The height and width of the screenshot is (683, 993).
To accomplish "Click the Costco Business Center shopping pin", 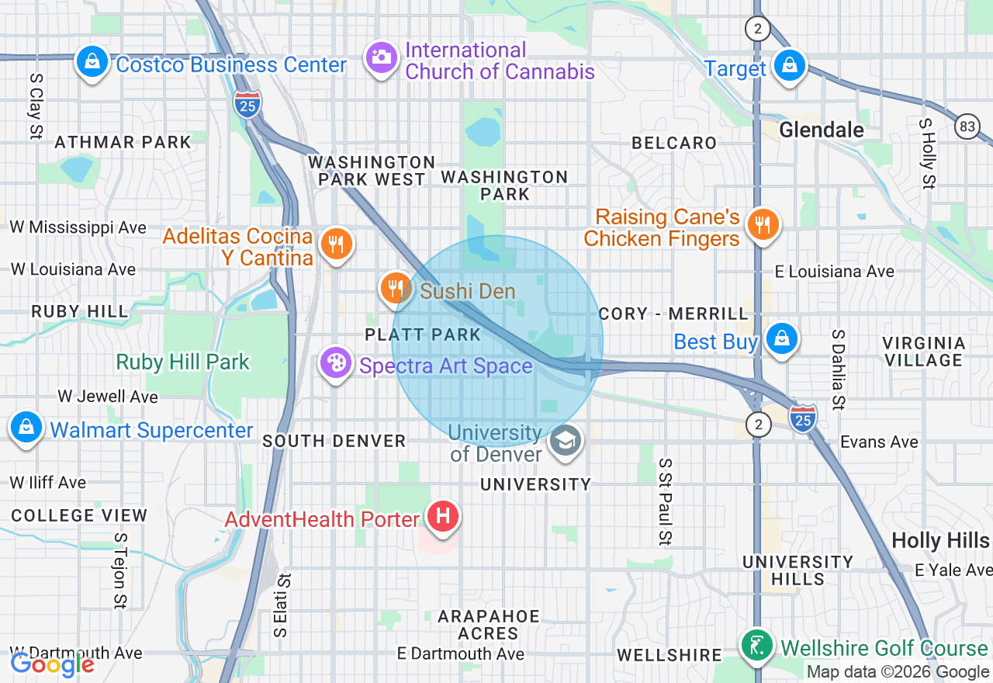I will point(92,62).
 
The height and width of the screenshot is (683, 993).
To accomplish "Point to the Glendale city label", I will point(821,130).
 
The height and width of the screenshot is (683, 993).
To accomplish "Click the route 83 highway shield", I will point(967,126).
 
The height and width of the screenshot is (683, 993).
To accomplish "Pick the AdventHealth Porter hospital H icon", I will point(443,516).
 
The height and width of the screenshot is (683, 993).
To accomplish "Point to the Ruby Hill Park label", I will point(183,362).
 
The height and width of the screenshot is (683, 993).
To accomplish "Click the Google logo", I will point(52,664).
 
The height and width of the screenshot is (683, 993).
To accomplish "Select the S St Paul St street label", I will point(665,501).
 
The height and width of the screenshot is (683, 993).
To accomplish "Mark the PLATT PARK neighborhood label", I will point(423,335).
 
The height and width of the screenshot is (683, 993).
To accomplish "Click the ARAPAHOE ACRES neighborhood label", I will point(488,625).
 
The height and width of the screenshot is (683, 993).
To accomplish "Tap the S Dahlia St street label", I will point(837,369).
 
